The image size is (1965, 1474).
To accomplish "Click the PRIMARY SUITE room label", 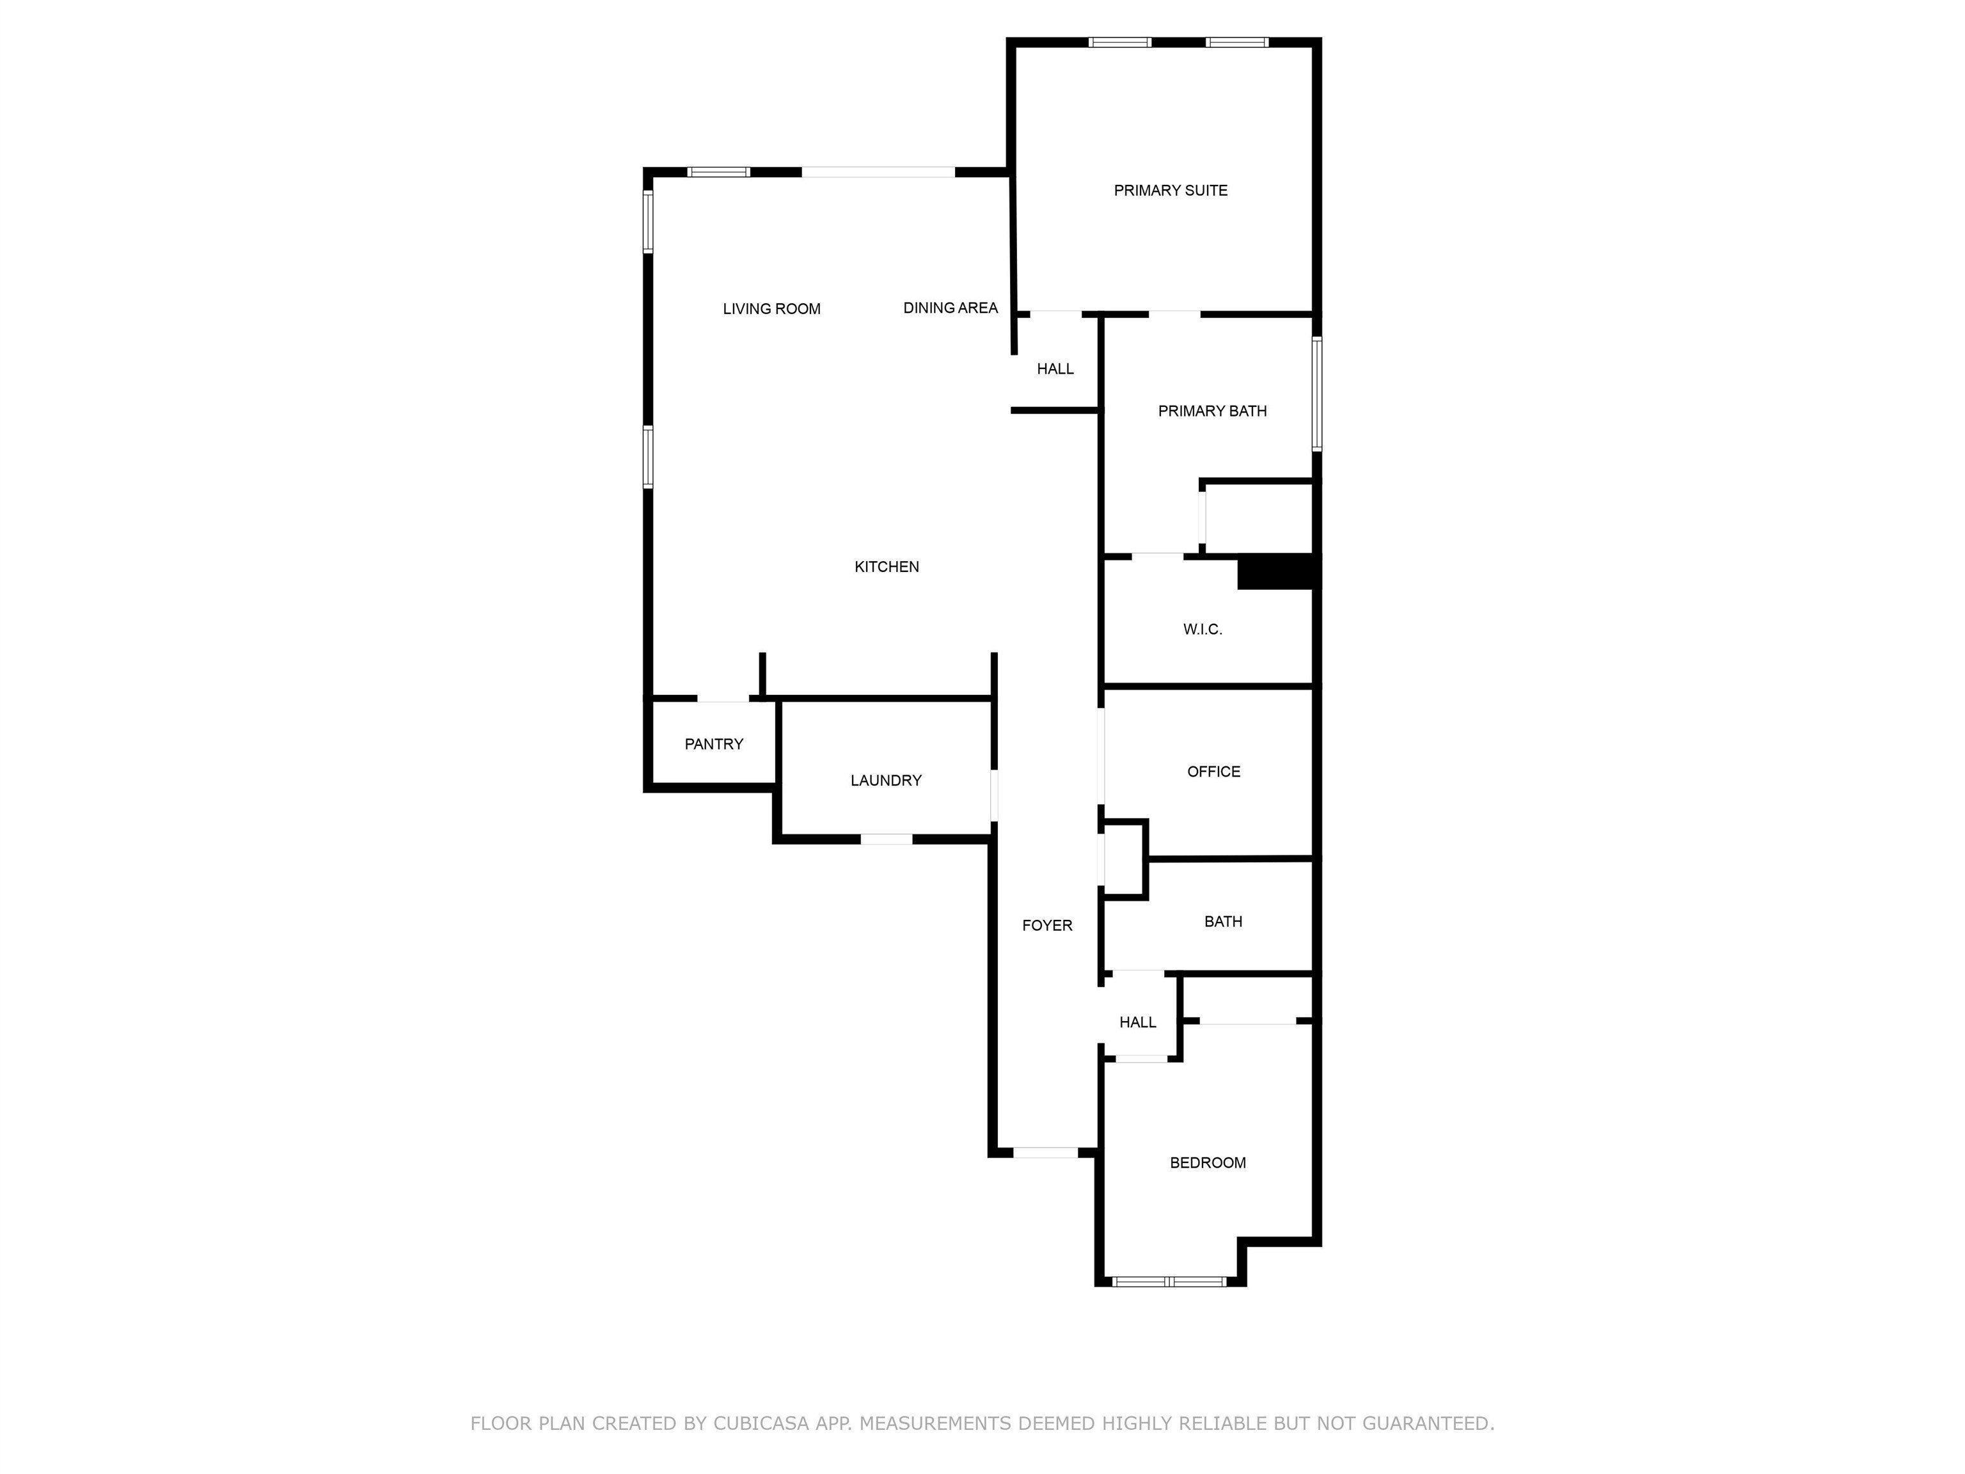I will (1170, 190).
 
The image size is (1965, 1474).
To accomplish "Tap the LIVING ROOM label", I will (771, 309).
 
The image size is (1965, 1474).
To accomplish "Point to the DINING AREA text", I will (950, 308).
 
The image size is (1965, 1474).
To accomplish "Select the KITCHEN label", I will (886, 567).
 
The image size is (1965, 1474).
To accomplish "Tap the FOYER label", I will (1046, 926).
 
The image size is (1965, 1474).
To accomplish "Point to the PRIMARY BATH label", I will (1211, 411).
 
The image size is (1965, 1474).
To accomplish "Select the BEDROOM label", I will (1207, 1163).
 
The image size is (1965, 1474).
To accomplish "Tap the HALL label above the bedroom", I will (1137, 1022).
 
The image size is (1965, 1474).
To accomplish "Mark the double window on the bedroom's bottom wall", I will (1169, 1281).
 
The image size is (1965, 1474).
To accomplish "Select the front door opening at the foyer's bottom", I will (1046, 1152).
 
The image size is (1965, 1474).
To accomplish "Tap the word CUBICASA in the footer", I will (761, 1423).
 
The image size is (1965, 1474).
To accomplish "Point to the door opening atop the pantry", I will (723, 699).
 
